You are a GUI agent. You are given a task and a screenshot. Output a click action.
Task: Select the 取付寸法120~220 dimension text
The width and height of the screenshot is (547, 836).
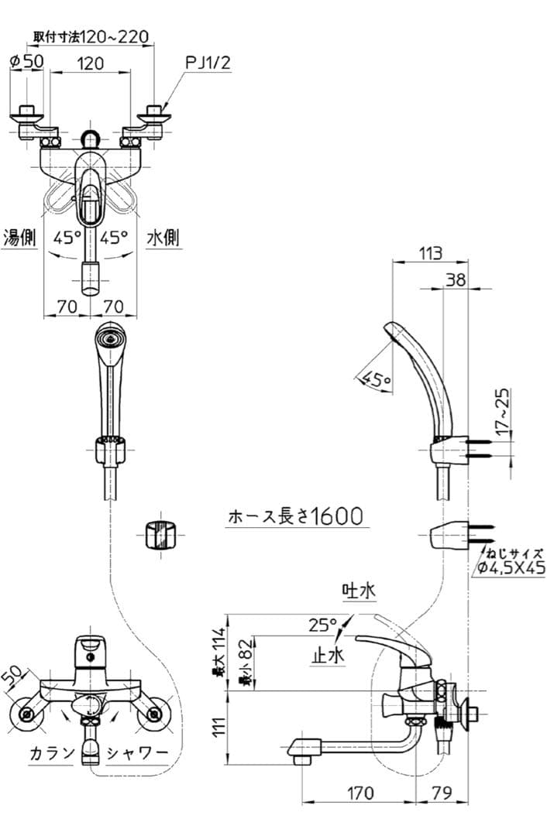point(91,36)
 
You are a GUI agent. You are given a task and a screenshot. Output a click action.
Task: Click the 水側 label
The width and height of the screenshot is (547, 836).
point(163,238)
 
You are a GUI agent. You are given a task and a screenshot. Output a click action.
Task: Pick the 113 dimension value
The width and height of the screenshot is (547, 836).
point(431,252)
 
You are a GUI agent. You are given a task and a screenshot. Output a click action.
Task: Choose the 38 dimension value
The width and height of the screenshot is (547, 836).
point(456,279)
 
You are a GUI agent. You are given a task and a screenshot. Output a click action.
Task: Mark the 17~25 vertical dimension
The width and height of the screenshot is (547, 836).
point(503,411)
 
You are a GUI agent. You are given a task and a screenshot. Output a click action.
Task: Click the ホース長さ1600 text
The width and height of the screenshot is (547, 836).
point(295,516)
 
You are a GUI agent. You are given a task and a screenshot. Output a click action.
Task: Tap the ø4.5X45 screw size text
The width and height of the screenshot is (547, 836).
point(511,568)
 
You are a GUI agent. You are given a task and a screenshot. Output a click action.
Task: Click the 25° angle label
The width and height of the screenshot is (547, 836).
point(322,624)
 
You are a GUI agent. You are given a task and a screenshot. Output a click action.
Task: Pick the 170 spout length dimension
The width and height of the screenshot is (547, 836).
point(358,793)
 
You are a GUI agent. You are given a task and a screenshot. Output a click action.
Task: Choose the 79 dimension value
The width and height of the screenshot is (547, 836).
point(442,793)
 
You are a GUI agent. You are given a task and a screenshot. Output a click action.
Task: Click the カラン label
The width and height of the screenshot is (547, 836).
point(53,752)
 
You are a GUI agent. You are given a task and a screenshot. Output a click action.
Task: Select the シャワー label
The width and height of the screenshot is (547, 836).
point(137,752)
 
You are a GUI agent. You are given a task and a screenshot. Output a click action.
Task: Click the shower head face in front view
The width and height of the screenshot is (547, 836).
point(109,338)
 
